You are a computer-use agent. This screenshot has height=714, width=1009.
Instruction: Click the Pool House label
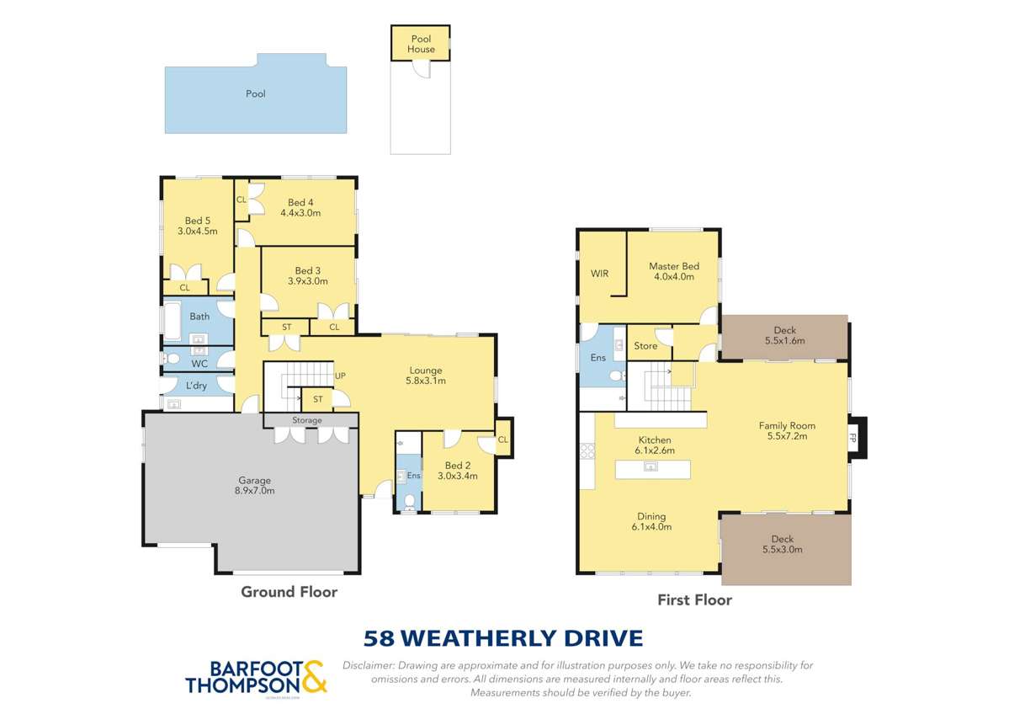click(421, 44)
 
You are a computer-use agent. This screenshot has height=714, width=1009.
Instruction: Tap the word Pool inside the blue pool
click(255, 93)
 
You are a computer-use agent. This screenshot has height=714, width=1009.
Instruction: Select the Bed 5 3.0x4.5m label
click(197, 226)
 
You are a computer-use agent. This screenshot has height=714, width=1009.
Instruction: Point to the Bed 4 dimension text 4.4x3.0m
click(300, 213)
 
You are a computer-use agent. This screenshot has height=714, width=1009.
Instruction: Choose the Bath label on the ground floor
click(199, 317)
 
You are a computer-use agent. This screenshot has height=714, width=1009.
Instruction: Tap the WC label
click(199, 364)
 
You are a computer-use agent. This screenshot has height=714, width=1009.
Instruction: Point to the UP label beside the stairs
click(340, 376)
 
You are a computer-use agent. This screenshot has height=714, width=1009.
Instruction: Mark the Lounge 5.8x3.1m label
click(425, 376)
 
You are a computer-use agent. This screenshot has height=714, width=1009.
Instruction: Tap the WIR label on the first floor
click(599, 274)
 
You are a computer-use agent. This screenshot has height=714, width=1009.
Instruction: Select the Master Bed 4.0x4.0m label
click(673, 271)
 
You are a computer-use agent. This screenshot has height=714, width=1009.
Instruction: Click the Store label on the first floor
click(645, 346)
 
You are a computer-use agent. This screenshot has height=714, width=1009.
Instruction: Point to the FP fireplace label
click(853, 439)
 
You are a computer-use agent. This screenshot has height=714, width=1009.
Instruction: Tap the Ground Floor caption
click(289, 592)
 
